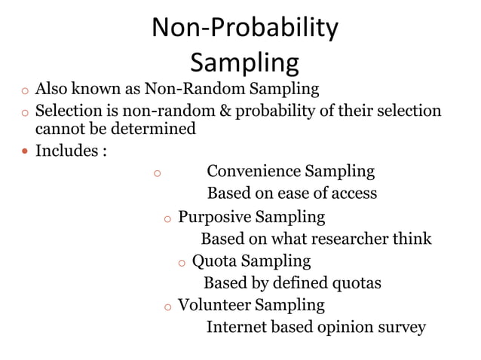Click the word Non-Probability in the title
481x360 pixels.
click(244, 28)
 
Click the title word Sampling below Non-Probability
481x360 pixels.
click(244, 62)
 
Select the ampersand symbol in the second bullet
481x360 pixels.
click(225, 111)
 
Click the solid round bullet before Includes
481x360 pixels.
click(25, 151)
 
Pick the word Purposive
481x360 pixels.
click(214, 217)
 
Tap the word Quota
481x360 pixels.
click(214, 261)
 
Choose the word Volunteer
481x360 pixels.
click(214, 305)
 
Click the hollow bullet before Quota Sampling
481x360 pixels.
click(182, 263)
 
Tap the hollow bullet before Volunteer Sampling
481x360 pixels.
click(167, 307)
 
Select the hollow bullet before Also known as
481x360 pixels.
click(25, 91)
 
